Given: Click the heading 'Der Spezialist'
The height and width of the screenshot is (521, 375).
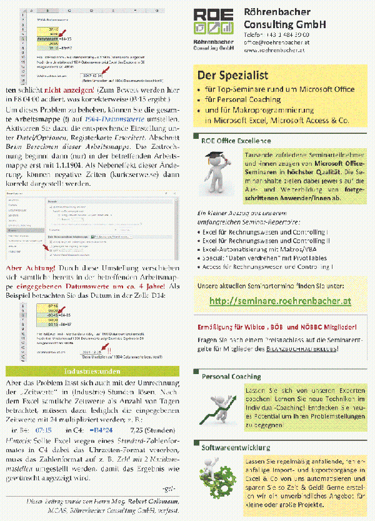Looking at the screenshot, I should point(233,76).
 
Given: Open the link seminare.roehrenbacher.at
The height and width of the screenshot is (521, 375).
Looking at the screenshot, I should point(280,301).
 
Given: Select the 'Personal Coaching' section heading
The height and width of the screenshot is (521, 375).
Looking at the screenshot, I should point(231,377).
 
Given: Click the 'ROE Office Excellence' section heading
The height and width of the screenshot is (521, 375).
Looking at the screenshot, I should point(236,141).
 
